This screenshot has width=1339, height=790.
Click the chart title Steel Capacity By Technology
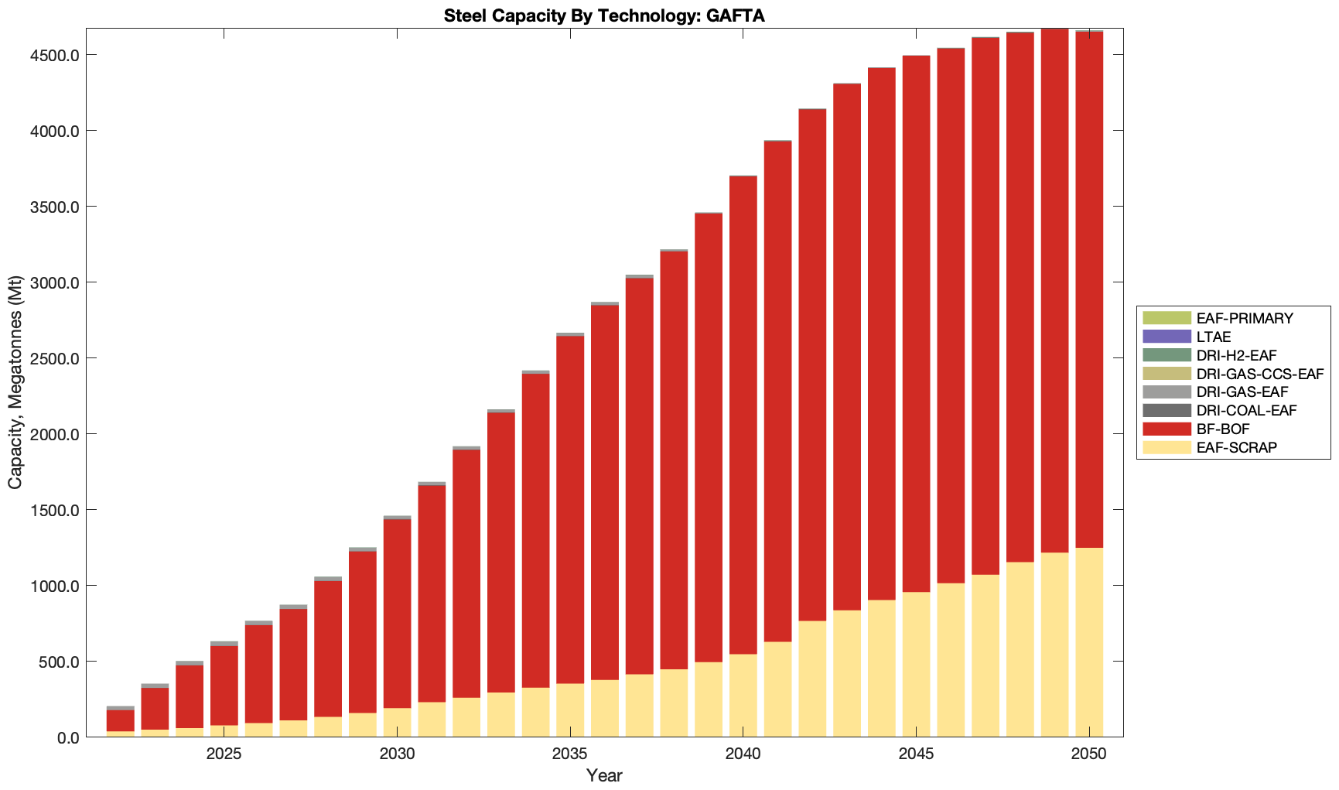(604, 15)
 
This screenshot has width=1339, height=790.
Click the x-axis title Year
(604, 775)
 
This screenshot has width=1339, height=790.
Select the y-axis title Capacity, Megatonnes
(15, 382)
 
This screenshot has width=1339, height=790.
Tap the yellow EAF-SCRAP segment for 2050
(1089, 642)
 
